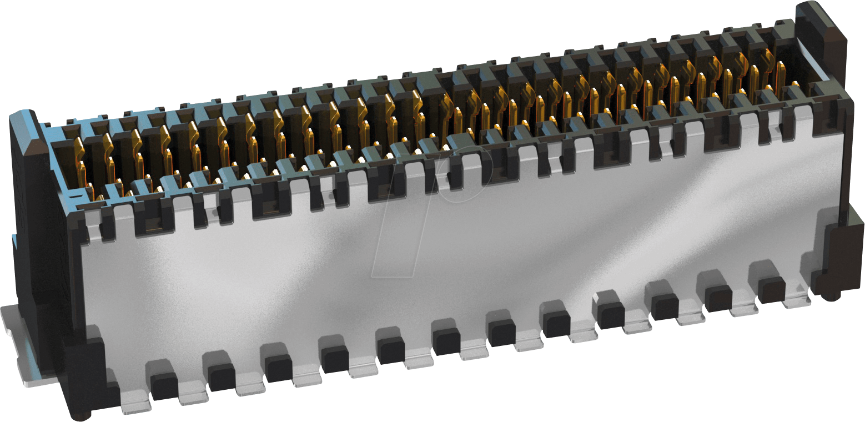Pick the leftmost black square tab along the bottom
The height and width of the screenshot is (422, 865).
pyautogui.click(x=164, y=386)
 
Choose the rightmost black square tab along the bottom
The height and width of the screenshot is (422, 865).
pyautogui.click(x=772, y=289)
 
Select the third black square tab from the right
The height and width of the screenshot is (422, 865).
pyautogui.click(x=665, y=307)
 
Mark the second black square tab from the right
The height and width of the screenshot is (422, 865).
pyautogui.click(x=718, y=298)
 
